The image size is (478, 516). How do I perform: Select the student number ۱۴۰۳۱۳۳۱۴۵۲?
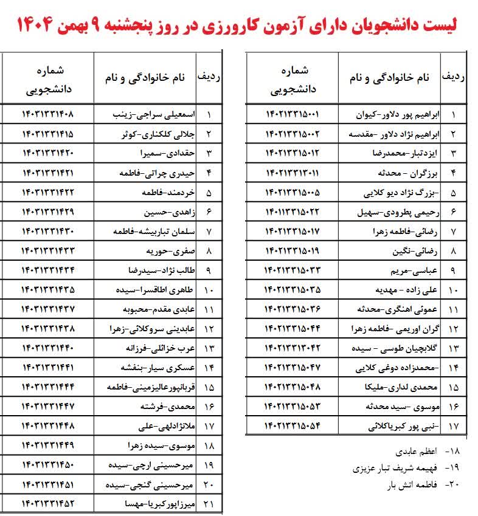coord(56,504)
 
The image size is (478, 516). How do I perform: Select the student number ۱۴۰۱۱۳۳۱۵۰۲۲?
coord(293,212)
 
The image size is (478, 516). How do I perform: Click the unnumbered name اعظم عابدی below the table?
coord(417,453)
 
